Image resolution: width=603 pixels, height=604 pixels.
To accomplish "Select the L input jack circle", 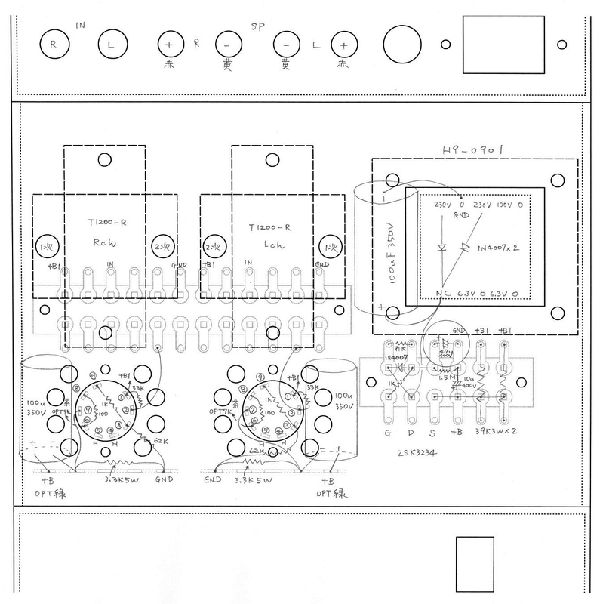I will click(112, 45).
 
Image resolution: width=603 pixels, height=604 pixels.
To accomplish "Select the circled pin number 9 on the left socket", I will click(92, 374).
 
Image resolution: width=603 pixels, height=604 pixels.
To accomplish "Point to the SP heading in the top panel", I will click(259, 25).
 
